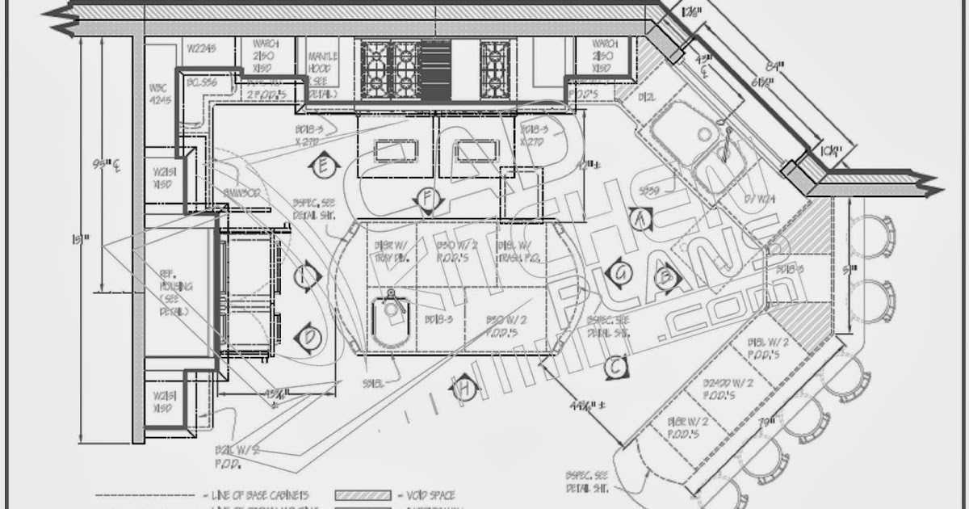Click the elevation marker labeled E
coord(322,166)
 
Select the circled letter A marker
coord(640,217)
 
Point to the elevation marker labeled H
coord(463,389)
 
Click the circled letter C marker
coord(615,368)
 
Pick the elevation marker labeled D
coord(308,337)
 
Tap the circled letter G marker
coord(620,273)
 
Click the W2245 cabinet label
coord(201,48)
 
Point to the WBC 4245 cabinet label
coord(157,94)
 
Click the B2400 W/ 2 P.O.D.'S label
coord(728,388)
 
